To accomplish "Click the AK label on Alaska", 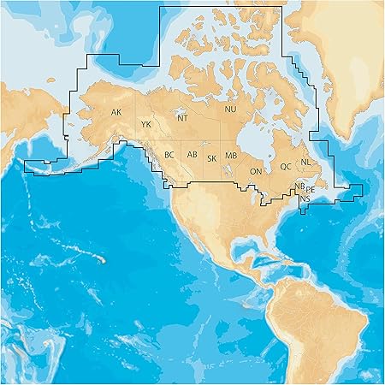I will tap(116, 112).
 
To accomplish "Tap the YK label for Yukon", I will tap(146, 125).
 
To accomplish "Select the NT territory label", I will tap(182, 118).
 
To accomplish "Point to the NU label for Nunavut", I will tap(230, 110).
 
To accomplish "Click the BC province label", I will tap(169, 155).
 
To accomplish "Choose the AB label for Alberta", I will tap(192, 155).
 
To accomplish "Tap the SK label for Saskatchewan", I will tap(211, 158).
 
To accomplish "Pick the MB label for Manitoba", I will tap(230, 156).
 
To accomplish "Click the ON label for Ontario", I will tap(255, 172).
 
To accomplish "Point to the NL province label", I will tap(305, 162).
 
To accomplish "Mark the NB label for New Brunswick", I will tap(299, 186).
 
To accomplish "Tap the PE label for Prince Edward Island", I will tap(311, 189).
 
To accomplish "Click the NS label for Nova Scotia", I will tap(305, 198).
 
